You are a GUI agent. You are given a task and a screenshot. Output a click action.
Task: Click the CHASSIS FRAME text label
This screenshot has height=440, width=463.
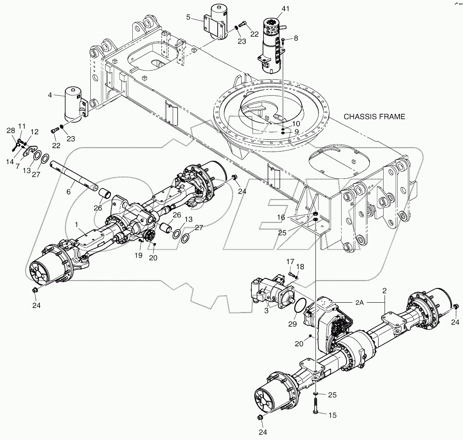click(x=374, y=117)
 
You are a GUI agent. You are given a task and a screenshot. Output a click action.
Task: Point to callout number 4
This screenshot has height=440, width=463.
click(x=50, y=95)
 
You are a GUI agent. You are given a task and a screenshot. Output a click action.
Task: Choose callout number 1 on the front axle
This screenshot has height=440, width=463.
click(x=76, y=225)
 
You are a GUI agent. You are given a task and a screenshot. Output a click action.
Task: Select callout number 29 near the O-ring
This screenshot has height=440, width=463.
click(x=293, y=324)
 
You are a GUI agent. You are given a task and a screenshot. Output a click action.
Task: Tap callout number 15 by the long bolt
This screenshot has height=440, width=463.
click(x=332, y=415)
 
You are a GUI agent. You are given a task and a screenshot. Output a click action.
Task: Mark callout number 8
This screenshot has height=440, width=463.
click(x=296, y=38)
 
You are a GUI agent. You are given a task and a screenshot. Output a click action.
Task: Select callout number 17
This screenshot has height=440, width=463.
click(x=289, y=262)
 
